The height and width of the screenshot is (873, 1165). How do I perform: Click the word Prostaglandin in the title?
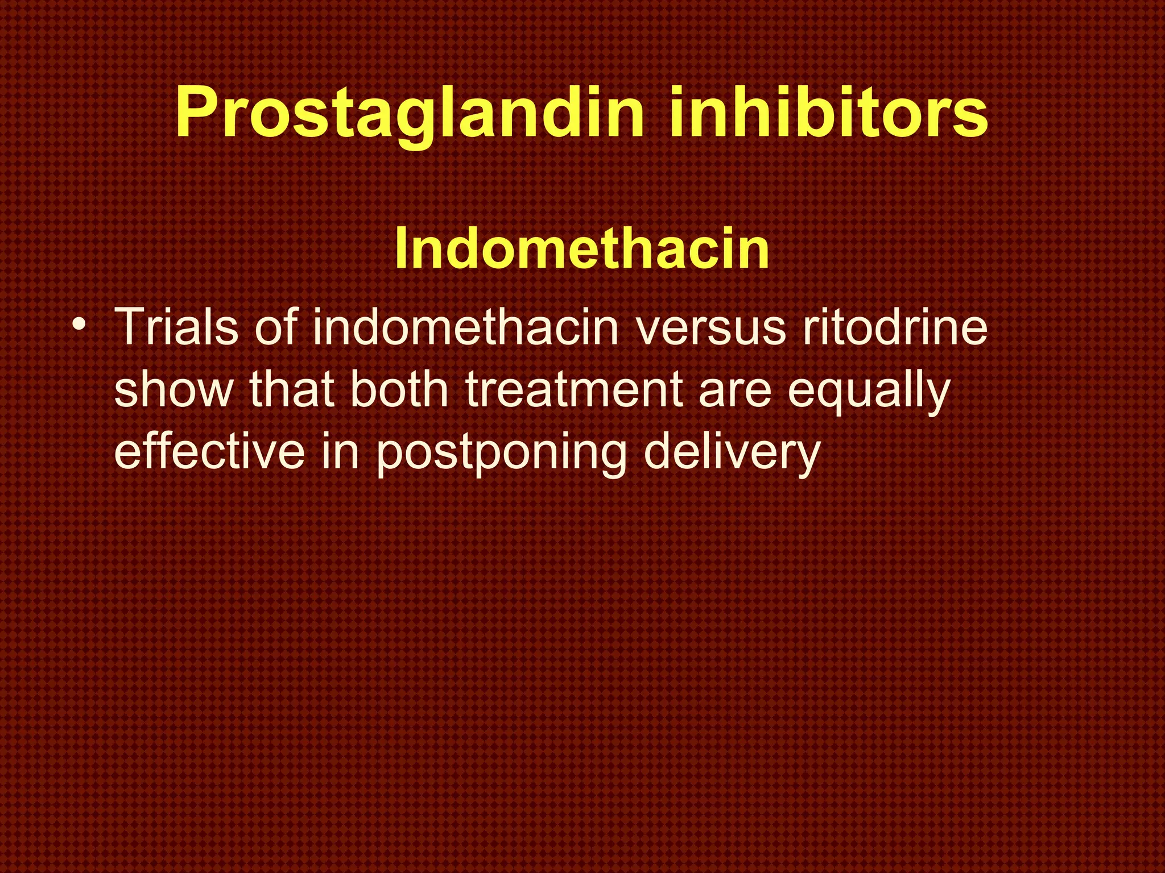(410, 114)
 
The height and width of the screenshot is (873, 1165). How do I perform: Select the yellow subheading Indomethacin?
(581, 249)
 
